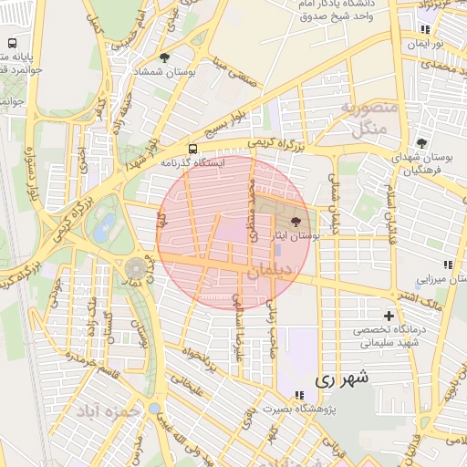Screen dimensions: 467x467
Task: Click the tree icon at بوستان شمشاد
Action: (x=164, y=57)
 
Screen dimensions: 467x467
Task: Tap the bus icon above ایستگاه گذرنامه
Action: (x=192, y=148)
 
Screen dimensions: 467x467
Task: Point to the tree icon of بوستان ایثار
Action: (x=294, y=222)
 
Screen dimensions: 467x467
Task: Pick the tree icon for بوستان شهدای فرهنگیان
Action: (x=420, y=142)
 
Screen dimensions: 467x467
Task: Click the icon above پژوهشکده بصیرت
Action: (x=298, y=394)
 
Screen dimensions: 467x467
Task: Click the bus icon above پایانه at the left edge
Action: (x=13, y=43)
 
